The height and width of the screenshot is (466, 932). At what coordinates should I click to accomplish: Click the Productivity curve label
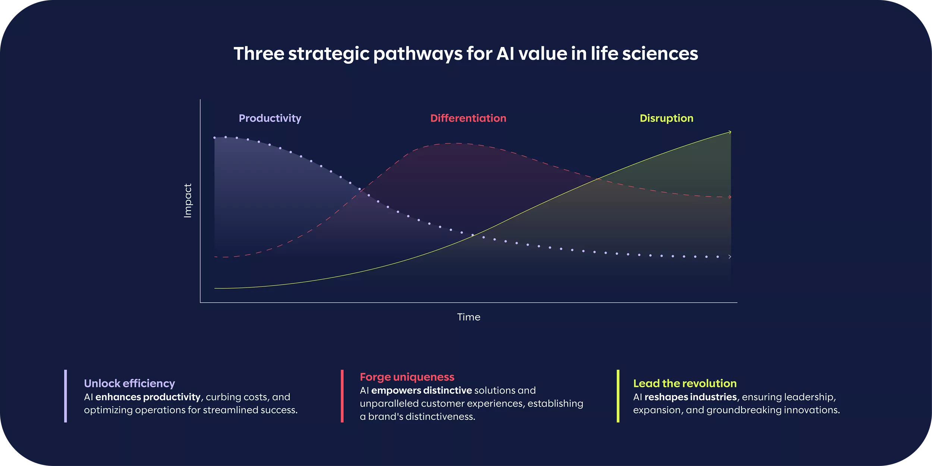coord(270,118)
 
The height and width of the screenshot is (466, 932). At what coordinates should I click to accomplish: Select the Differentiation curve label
coord(468,118)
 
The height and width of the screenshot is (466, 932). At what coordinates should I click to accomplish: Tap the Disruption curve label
coord(667,118)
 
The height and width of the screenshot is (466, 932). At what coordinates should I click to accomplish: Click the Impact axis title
coord(188,201)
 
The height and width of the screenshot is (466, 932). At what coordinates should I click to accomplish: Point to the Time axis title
coord(469,317)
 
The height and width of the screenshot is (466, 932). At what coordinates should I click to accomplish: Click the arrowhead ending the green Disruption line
coord(730,132)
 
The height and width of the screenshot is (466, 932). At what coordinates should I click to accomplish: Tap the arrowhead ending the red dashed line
coord(730,197)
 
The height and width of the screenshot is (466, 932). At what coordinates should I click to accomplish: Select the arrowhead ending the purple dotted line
coord(730,256)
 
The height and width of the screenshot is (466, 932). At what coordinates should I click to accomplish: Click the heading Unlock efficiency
coord(129,383)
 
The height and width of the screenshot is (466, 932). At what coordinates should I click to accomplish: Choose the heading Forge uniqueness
coord(407,377)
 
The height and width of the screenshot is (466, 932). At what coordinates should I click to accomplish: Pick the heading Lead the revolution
coord(685,383)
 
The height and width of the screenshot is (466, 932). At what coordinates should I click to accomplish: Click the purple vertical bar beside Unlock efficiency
coord(66,396)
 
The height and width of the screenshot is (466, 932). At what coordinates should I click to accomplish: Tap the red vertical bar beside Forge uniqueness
coord(342,396)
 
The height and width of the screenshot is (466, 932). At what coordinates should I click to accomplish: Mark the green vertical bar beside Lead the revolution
coord(618,396)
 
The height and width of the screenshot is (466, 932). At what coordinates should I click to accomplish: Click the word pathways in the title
coord(418,54)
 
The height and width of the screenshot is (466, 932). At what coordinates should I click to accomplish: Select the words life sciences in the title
coord(644,54)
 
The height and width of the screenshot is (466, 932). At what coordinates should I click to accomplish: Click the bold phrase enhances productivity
coord(148,397)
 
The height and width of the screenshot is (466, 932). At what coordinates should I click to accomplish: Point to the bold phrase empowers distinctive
coord(422,390)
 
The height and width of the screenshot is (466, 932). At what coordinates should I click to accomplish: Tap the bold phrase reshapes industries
coord(690,397)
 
